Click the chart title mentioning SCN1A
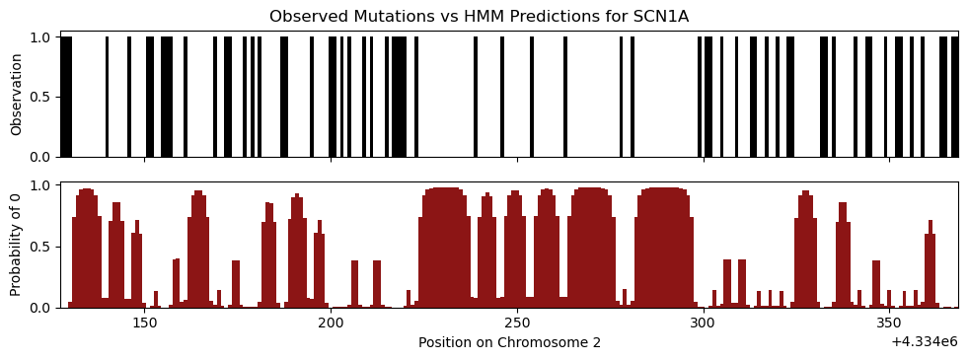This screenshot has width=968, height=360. coord(479,17)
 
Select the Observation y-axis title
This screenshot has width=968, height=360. coord(17,95)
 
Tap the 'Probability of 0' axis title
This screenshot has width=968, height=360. coord(17,246)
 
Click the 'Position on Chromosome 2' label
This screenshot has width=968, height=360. coord(509,342)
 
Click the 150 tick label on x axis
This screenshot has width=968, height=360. coord(144,324)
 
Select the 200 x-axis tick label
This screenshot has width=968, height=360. coord(331,324)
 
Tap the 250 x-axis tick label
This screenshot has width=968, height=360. coord(517,324)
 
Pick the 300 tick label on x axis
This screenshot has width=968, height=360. coord(704,324)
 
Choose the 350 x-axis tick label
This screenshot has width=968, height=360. coord(889,324)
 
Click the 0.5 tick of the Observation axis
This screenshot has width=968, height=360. coord(45,98)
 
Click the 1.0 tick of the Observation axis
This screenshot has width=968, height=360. coord(45,37)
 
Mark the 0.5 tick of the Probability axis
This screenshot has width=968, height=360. coord(45,247)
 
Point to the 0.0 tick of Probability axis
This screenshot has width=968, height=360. coord(45,308)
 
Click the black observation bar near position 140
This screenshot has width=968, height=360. coord(107,97)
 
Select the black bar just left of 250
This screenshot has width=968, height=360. coord(502,97)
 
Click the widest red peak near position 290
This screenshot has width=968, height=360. coord(664,247)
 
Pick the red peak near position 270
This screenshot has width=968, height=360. coord(591,247)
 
